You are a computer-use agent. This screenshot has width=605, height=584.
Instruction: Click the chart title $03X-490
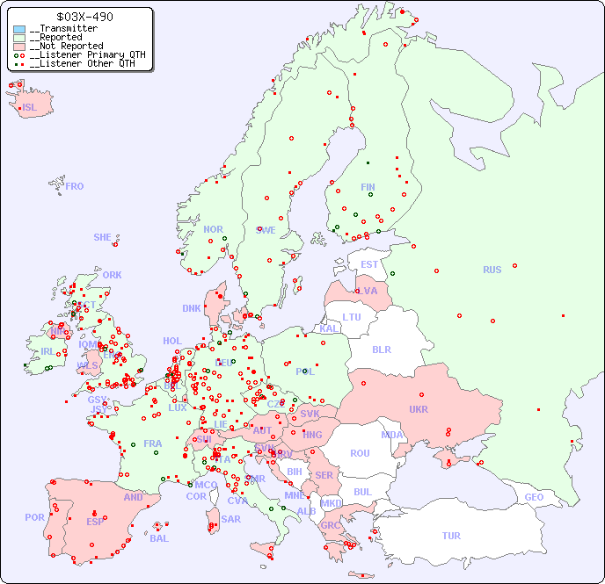84,17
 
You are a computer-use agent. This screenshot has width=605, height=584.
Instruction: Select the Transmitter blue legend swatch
19,29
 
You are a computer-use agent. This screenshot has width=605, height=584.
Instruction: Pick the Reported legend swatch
19,38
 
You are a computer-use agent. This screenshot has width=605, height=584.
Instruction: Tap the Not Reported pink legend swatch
19,47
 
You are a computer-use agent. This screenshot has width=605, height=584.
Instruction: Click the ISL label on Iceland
30,108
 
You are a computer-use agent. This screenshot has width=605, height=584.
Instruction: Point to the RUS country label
492,270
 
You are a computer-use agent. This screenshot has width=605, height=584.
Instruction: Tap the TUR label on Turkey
451,536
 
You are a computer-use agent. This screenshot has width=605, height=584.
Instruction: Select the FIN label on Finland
368,187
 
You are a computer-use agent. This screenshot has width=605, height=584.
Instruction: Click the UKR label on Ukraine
418,409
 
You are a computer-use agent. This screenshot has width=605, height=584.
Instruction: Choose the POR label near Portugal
34,517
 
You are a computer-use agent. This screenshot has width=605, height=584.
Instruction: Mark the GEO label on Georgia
534,497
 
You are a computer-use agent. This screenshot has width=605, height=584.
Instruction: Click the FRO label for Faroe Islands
75,186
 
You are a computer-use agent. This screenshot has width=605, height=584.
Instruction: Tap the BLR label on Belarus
381,349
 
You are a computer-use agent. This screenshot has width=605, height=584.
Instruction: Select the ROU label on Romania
360,453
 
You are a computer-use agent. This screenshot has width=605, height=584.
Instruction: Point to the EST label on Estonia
369,264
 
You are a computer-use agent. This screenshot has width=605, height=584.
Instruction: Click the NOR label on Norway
213,229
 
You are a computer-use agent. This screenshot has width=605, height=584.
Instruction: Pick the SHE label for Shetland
103,237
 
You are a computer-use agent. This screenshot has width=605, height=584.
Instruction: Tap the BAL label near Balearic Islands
158,538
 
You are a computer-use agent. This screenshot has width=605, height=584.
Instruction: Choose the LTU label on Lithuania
352,317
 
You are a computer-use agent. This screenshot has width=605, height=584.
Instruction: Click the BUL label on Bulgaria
362,492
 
